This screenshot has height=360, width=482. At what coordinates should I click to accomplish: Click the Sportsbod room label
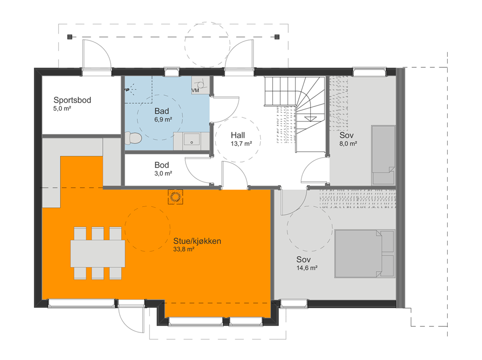click(x=72, y=100)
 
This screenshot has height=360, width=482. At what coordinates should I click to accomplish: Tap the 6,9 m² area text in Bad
click(x=163, y=120)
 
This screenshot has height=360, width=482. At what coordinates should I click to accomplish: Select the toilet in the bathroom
click(x=133, y=138)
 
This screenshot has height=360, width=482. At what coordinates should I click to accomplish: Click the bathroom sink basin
click(x=192, y=140)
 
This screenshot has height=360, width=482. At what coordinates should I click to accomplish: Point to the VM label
click(x=195, y=91)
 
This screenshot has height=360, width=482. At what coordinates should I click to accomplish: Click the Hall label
click(x=238, y=135)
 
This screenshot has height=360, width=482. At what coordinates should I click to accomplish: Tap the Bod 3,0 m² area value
click(x=163, y=173)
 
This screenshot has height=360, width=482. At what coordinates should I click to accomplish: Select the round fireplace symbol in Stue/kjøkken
click(x=175, y=197)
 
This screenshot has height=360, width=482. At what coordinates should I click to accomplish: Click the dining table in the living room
click(x=98, y=253)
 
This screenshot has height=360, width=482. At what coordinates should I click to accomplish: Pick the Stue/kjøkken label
click(x=197, y=241)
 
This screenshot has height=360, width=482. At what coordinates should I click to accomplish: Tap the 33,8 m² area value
click(x=184, y=249)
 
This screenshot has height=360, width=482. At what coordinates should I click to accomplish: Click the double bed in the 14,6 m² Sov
click(x=364, y=253)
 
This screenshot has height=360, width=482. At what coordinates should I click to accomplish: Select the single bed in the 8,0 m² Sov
click(x=383, y=155)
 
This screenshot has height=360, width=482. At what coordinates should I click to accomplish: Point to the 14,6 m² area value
click(x=307, y=268)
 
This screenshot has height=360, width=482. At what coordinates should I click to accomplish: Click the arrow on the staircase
click(x=310, y=119)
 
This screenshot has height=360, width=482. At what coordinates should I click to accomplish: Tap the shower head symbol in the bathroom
click(x=128, y=90)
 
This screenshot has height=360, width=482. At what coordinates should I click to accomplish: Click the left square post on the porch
click(x=70, y=37)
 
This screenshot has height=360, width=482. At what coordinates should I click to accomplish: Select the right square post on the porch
click(x=277, y=37)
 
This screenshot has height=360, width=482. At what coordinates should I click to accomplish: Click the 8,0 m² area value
click(x=348, y=144)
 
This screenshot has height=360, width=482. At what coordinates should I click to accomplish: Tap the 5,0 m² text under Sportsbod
click(x=62, y=108)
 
